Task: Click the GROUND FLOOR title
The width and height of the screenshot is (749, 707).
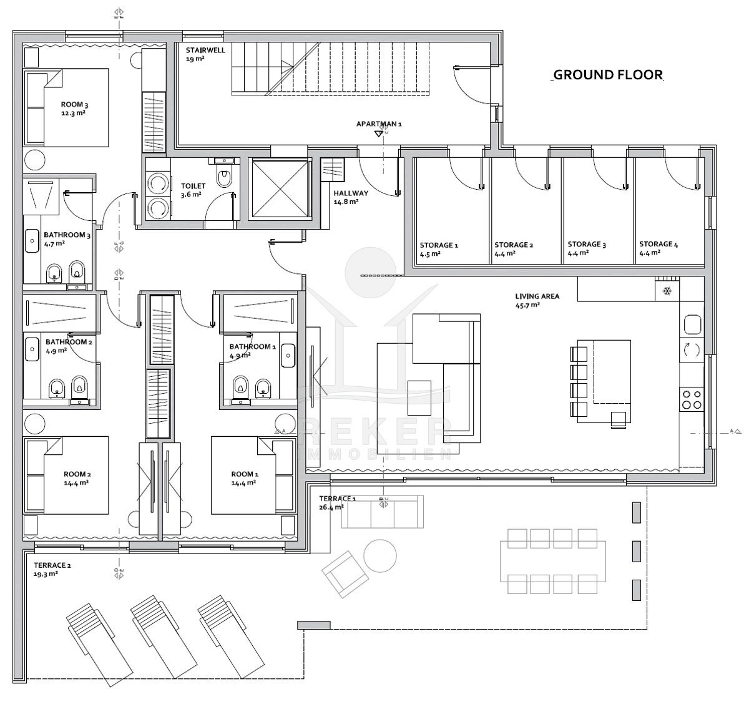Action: [607, 75]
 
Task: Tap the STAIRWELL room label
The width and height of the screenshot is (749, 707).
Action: [205, 50]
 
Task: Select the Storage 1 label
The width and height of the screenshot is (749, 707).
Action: [439, 245]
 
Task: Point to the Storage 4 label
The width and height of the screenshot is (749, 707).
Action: [658, 244]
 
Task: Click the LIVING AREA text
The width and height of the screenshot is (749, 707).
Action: [537, 296]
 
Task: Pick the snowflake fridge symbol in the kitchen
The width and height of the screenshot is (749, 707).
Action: [667, 291]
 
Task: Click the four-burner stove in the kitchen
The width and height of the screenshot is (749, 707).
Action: [692, 400]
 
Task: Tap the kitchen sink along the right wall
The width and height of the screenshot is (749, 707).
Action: [692, 325]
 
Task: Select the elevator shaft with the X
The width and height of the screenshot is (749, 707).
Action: [280, 189]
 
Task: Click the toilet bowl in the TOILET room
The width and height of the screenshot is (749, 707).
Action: [225, 178]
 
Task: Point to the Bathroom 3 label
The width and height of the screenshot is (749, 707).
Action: [67, 235]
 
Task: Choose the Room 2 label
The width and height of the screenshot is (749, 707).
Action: [77, 474]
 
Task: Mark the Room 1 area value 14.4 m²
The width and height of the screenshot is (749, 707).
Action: [243, 483]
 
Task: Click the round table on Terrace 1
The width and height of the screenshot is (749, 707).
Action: [380, 556]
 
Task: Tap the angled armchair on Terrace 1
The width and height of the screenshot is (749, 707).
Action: [345, 574]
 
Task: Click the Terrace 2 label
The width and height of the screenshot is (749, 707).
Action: [52, 565]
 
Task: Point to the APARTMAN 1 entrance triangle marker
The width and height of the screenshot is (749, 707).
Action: [379, 134]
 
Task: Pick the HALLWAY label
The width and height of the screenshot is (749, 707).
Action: [351, 193]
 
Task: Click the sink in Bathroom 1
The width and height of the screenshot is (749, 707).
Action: [288, 355]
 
